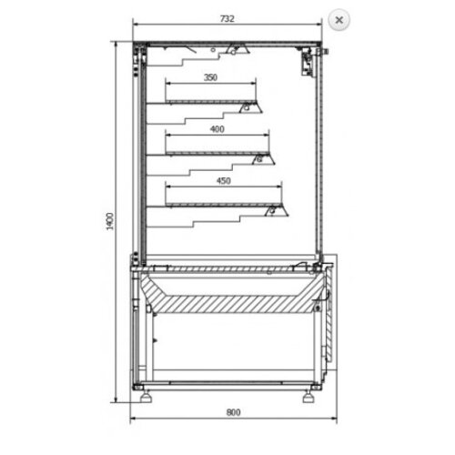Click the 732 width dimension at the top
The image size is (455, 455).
pos(227,18)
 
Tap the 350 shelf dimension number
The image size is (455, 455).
pos(211,77)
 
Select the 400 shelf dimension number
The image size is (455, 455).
pos(217,129)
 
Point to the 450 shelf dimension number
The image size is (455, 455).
pos(224,181)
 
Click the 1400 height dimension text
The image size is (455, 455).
pos(108,220)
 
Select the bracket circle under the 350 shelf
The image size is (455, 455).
pos(245,108)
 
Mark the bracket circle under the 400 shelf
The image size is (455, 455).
pos(258,160)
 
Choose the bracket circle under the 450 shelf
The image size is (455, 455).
pos(270,212)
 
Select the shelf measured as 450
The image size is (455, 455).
pos(223,204)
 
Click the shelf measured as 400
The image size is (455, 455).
pos(217,152)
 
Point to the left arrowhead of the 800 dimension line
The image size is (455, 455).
pos(134,420)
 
